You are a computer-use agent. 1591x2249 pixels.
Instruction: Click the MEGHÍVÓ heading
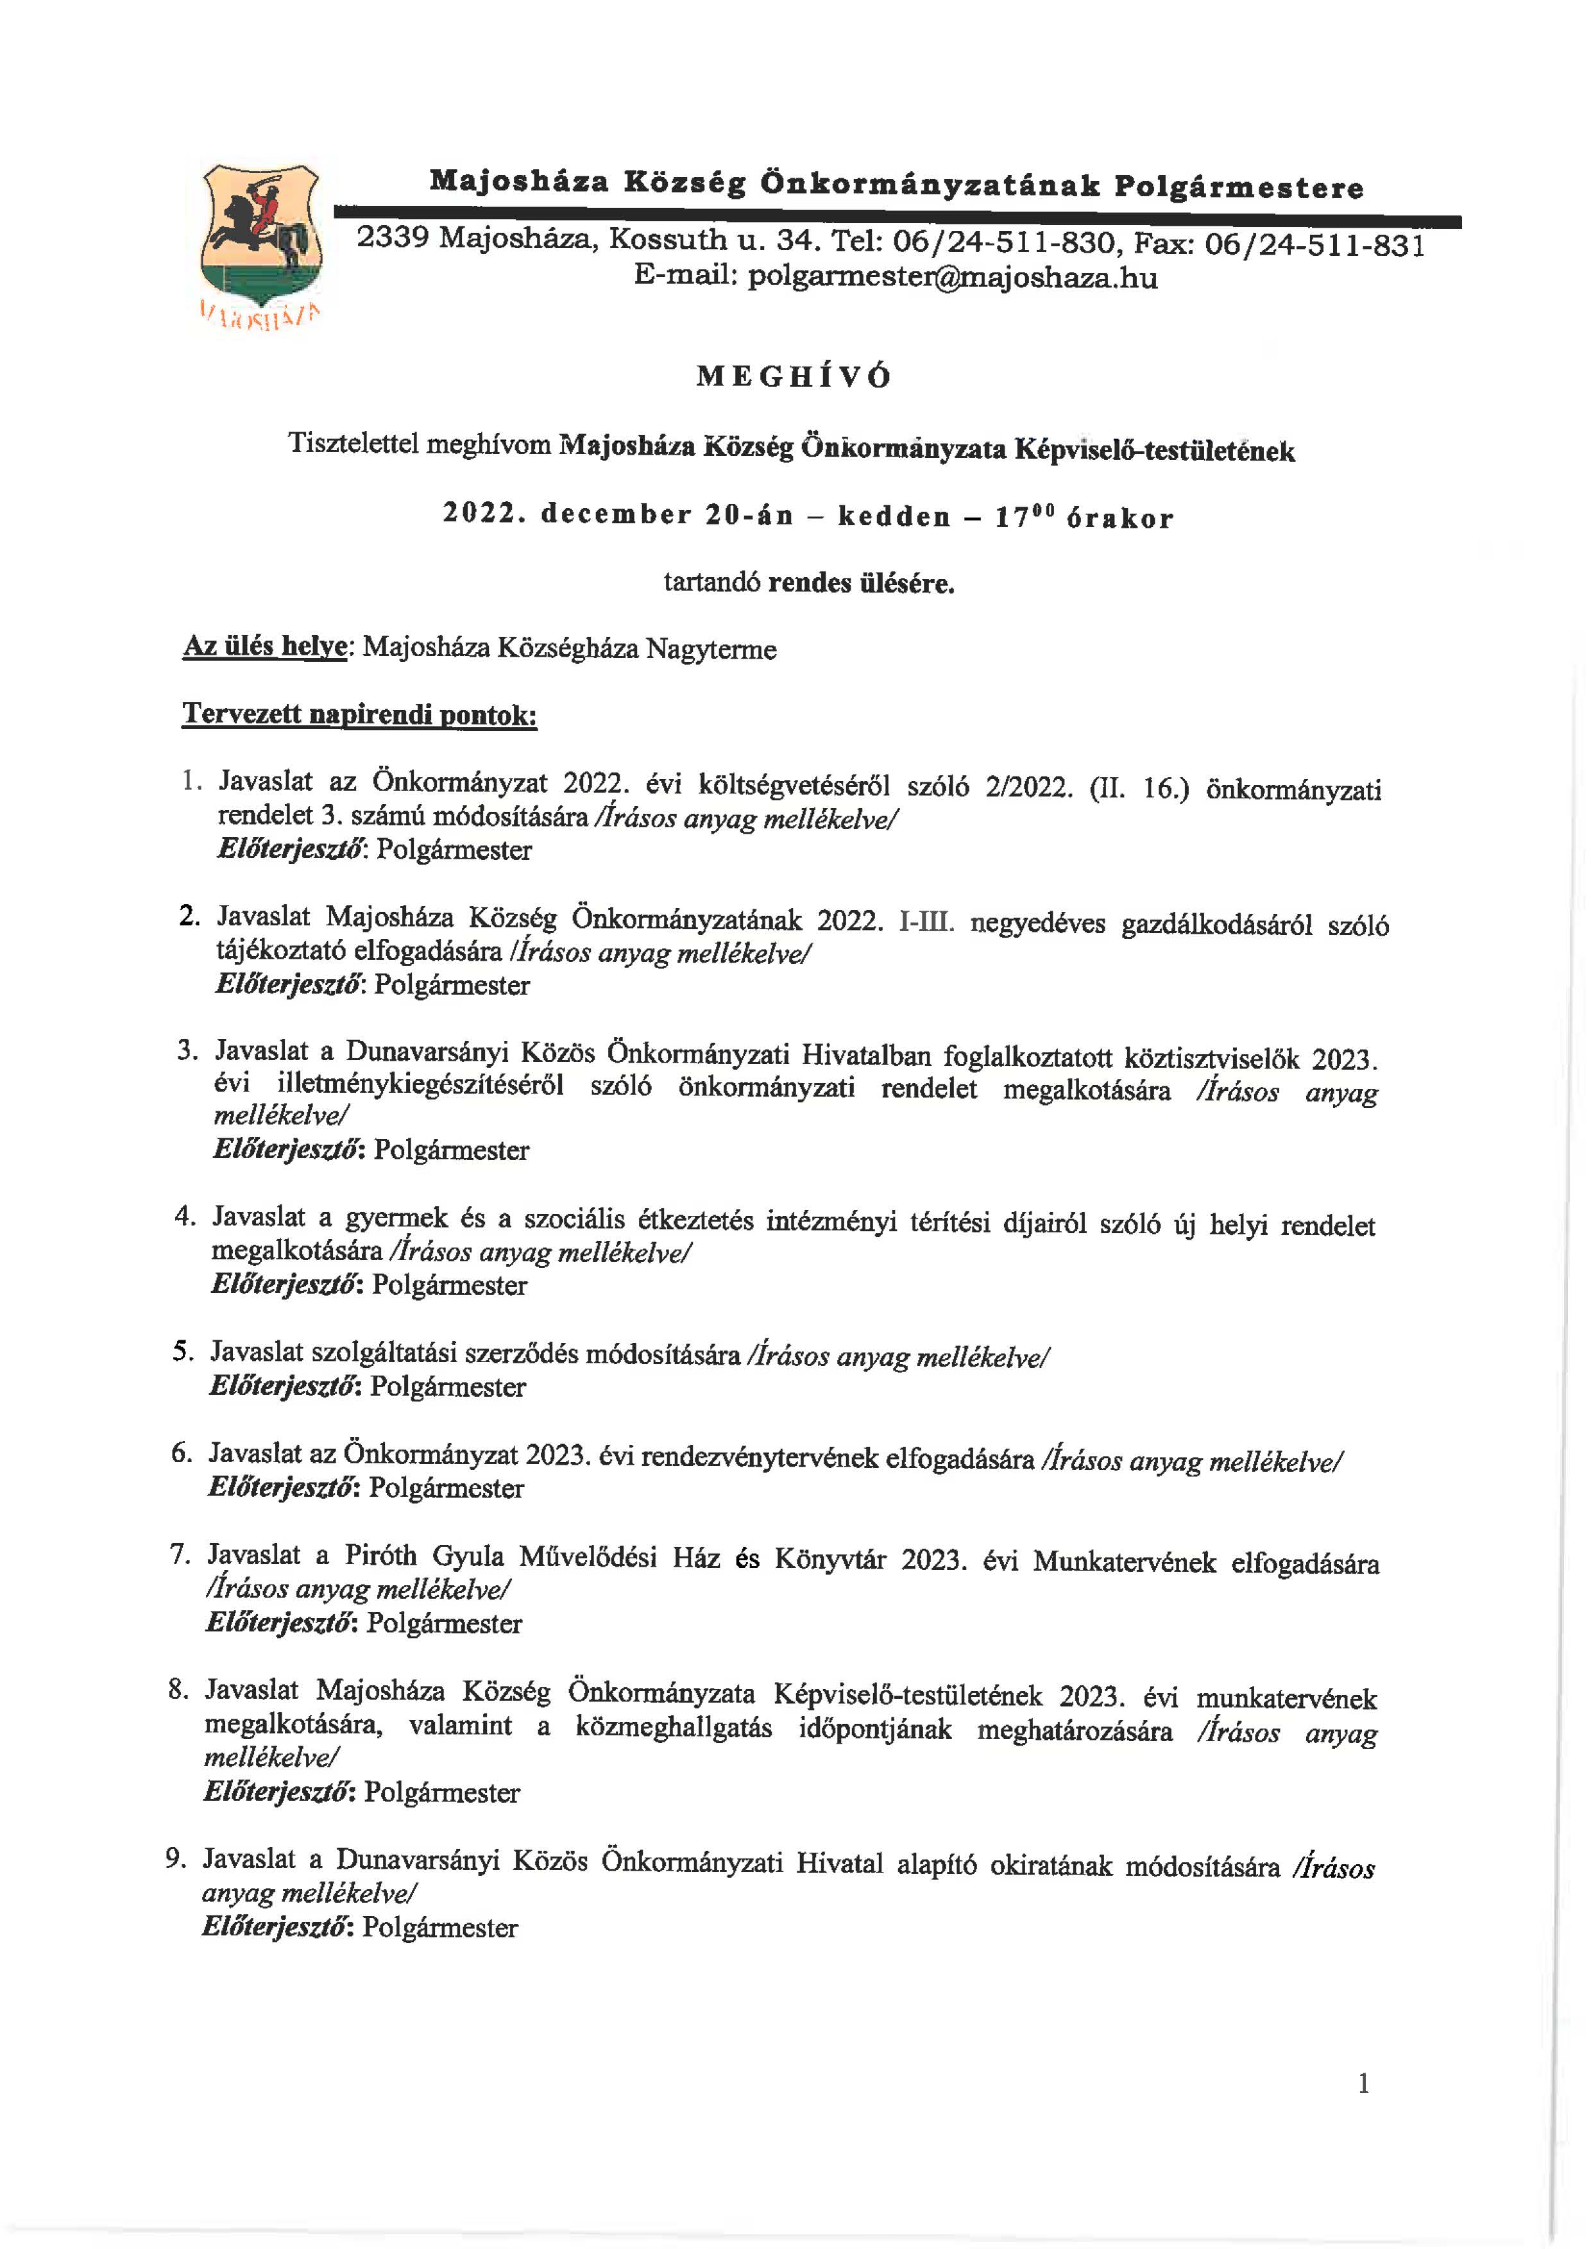coord(794,377)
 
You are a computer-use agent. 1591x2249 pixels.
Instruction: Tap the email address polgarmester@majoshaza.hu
coord(952,278)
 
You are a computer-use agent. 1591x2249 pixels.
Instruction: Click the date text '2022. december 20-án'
coord(617,514)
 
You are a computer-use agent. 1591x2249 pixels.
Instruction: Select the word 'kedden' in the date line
coord(894,517)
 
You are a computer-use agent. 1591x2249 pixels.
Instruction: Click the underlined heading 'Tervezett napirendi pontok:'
coord(359,714)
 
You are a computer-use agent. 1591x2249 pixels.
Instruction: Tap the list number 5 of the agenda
coord(182,1352)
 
